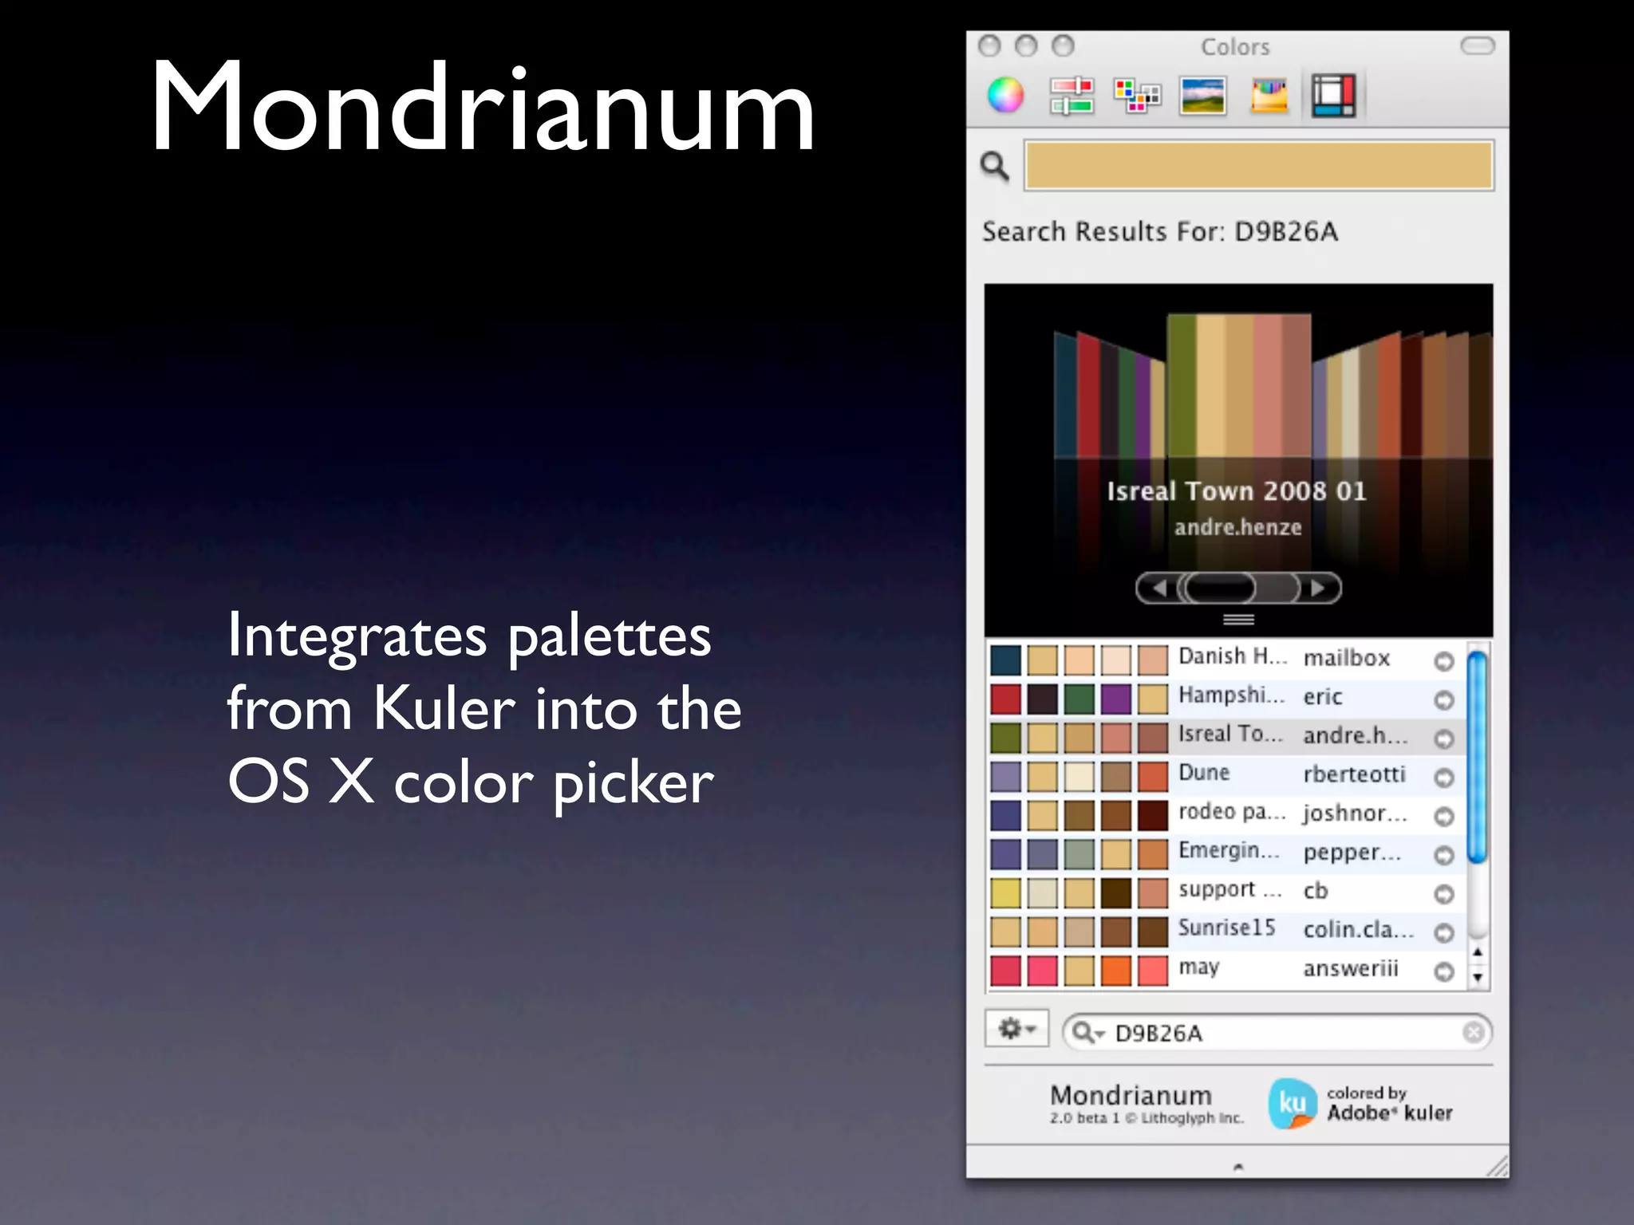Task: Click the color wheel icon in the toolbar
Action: [1005, 96]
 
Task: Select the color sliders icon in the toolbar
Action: [1072, 96]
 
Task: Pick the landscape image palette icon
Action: [1202, 96]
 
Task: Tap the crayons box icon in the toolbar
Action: [1269, 96]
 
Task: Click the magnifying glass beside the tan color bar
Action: [995, 166]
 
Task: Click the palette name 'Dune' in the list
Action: [1204, 773]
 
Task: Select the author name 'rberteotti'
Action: [1354, 774]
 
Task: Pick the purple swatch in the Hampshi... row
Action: [1116, 699]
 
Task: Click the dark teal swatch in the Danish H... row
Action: [1005, 660]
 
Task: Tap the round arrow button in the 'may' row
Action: [1444, 971]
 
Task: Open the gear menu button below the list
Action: [1016, 1030]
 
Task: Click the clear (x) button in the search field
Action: [1474, 1033]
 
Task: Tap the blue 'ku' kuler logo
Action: [1292, 1104]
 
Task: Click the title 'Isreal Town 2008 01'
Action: [1237, 491]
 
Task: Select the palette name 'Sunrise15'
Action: [1226, 928]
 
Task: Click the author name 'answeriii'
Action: [1351, 969]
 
